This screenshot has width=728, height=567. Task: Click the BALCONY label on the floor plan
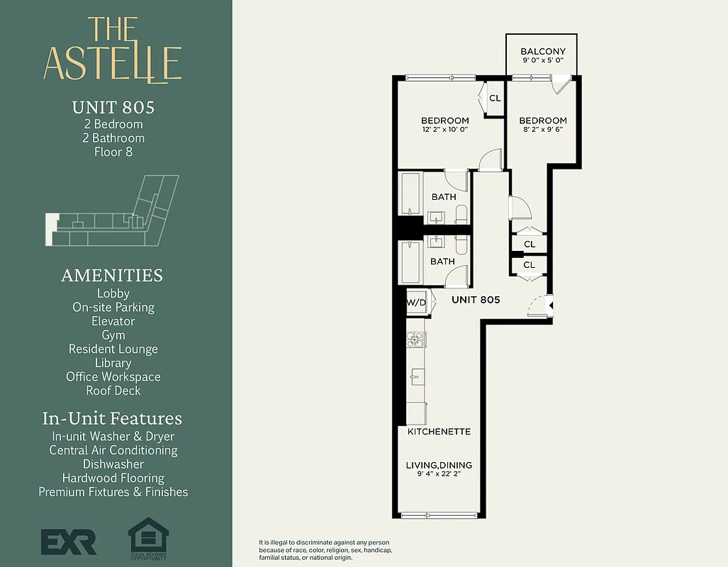click(542, 52)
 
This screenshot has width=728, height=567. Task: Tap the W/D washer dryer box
click(417, 303)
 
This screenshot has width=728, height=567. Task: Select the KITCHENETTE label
click(439, 431)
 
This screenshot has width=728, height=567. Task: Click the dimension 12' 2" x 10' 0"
click(444, 130)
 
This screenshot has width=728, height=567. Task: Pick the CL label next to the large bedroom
click(495, 99)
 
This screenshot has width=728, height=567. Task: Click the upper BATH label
click(444, 197)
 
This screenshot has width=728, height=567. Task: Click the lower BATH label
click(442, 262)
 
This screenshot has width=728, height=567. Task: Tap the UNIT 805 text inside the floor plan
click(476, 300)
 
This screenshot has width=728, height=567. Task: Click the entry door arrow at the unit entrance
click(551, 306)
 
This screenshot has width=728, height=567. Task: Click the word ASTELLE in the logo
click(113, 63)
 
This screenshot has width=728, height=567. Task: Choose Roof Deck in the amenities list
click(113, 391)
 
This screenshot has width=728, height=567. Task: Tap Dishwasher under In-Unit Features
click(113, 464)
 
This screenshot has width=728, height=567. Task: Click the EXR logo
click(68, 542)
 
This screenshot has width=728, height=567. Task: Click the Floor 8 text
click(113, 152)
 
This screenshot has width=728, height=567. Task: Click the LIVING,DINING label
click(439, 466)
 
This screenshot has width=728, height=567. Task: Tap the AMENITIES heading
click(112, 275)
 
